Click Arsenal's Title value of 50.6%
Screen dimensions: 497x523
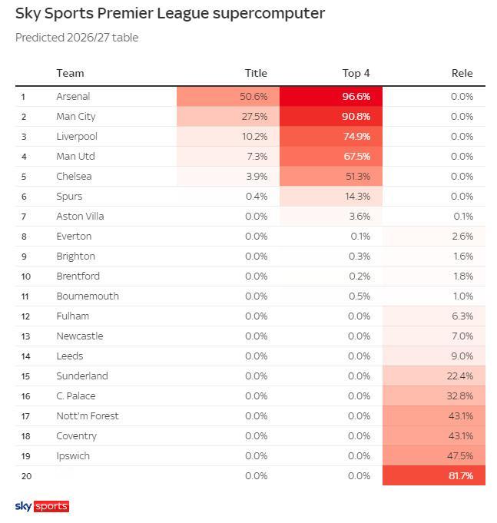pos(253,97)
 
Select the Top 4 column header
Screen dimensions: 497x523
pos(356,73)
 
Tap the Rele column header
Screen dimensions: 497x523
pos(462,73)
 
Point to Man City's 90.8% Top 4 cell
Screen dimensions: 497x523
pos(356,117)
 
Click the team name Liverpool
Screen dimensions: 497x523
pos(77,137)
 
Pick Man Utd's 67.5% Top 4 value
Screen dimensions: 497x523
pos(357,157)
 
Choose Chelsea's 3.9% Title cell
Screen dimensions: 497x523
pos(257,177)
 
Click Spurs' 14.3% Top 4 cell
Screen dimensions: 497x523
pos(357,197)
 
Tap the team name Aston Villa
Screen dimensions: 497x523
pos(80,216)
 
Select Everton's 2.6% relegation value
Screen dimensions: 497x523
pos(462,236)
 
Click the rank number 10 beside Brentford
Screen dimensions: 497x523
pos(25,276)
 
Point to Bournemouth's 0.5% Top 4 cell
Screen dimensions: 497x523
pos(359,296)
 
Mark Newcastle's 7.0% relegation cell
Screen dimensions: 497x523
pos(462,336)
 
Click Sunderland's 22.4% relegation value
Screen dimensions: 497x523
pos(460,376)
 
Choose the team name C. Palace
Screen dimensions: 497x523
pos(76,396)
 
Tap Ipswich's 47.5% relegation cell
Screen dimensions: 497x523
pos(460,456)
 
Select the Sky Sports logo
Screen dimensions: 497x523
pos(42,506)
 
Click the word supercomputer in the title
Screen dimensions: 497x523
pos(269,14)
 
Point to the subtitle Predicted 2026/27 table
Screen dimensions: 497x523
pos(77,38)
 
